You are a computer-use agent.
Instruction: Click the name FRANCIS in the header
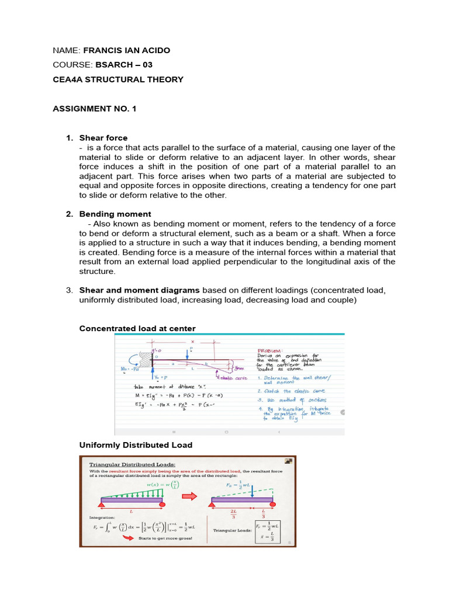coord(100,50)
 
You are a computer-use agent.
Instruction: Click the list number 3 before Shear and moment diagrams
coord(69,290)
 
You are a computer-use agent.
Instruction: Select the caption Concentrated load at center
coord(137,329)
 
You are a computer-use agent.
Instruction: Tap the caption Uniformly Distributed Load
coord(136,445)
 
